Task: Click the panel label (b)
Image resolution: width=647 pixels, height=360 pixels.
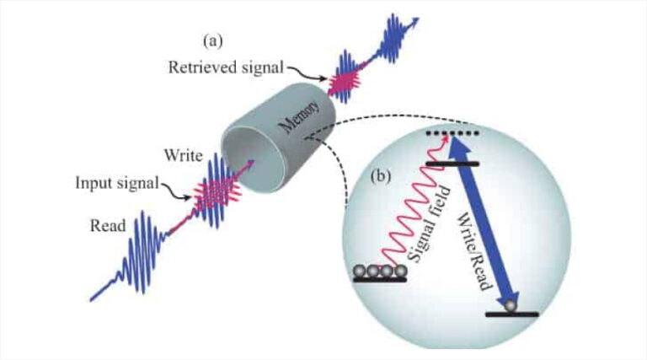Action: [384, 178]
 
